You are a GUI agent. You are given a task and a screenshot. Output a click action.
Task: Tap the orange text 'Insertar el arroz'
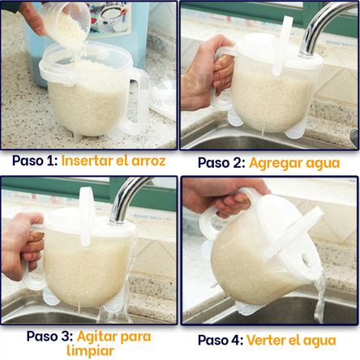pyautogui.click(x=113, y=161)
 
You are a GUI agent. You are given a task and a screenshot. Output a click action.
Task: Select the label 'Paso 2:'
pyautogui.click(x=221, y=163)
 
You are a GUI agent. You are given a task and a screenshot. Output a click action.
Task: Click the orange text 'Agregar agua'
pyautogui.click(x=294, y=163)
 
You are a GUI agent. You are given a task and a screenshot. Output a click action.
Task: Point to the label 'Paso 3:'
pyautogui.click(x=49, y=336)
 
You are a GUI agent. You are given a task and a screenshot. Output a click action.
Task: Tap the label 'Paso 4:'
pyautogui.click(x=220, y=340)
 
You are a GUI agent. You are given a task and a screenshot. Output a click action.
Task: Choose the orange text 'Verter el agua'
pyautogui.click(x=289, y=340)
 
